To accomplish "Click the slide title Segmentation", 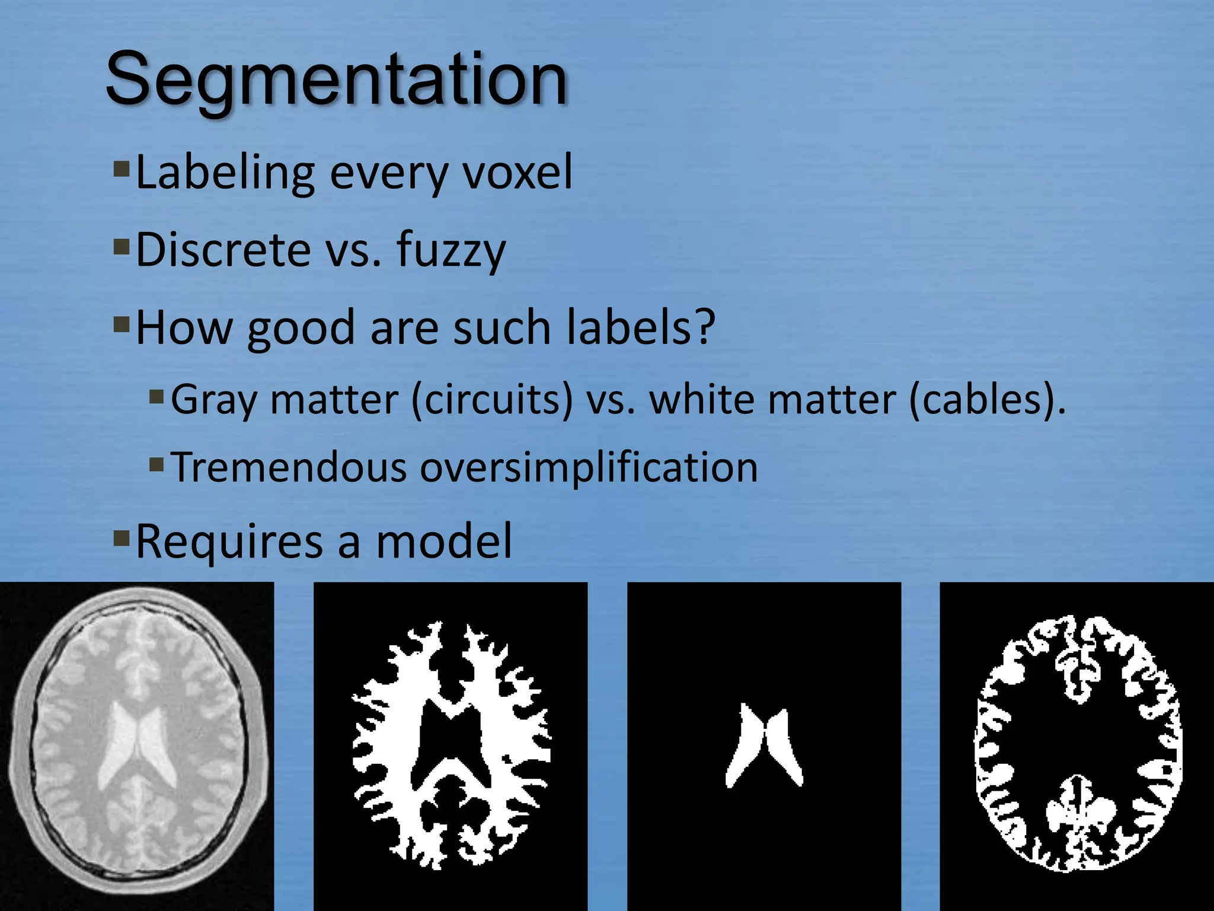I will pos(337,80).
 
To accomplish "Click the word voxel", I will pos(517,173).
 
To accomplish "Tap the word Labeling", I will pos(225,173).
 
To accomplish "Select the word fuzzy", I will pos(451,251).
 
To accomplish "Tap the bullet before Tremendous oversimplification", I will pos(156,464).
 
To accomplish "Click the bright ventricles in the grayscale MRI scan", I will pos(136,744).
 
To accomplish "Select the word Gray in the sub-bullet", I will pos(214,401).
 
